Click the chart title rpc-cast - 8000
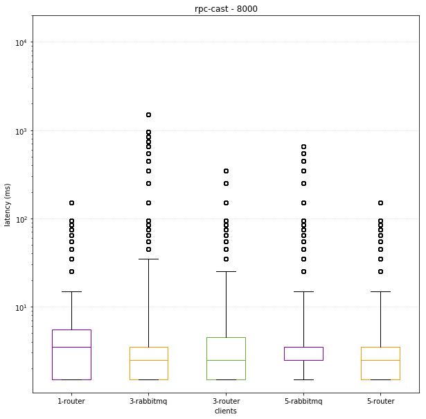click(226, 8)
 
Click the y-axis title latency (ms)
click(8, 205)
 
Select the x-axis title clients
click(226, 411)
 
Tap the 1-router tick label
click(71, 401)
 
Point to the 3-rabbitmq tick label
click(148, 401)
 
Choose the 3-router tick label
click(226, 401)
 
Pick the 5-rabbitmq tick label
click(303, 401)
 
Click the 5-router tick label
click(380, 401)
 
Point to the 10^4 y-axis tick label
click(21, 42)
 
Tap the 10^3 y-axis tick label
click(21, 130)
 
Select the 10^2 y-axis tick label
click(21, 219)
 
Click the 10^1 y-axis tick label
click(21, 307)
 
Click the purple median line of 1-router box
click(71, 347)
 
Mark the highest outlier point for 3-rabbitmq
click(148, 114)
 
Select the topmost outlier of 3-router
click(226, 171)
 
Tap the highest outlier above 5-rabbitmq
click(303, 146)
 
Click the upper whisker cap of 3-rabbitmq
click(148, 259)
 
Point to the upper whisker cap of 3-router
click(226, 271)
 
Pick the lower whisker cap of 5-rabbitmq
click(303, 379)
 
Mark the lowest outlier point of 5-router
click(380, 271)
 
